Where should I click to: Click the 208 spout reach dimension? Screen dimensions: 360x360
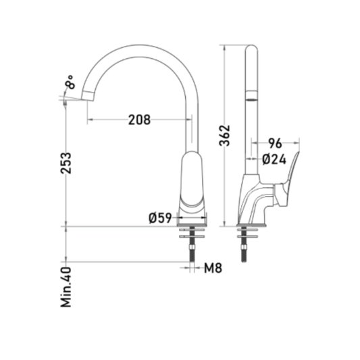point(139,120)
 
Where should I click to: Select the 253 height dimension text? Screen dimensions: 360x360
point(66,163)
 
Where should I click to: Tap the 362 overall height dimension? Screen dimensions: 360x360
point(224,136)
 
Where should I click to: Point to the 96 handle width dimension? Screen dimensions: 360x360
point(275,143)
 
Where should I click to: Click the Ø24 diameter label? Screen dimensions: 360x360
point(274,159)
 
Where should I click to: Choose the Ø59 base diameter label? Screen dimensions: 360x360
point(160,217)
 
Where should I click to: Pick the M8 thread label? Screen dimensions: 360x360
point(213,267)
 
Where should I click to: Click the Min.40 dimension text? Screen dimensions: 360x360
point(66,287)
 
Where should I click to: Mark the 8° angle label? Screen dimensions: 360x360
point(70,82)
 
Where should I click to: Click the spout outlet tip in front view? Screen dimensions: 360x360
point(88,96)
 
